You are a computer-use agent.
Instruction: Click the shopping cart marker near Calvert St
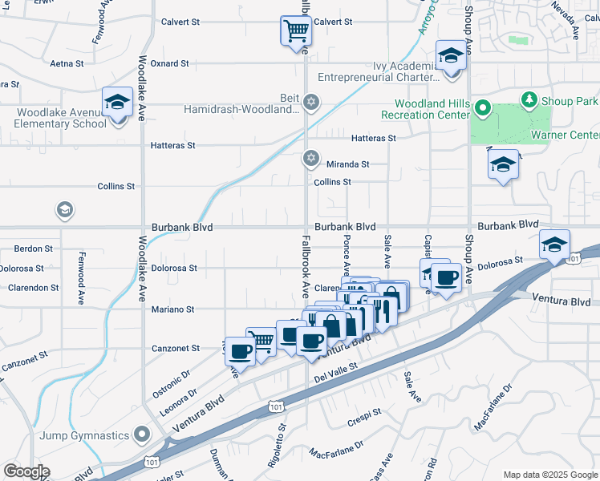click(x=295, y=32)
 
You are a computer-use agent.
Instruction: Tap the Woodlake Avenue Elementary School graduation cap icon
click(x=117, y=103)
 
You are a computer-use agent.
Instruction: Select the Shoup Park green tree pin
click(x=529, y=100)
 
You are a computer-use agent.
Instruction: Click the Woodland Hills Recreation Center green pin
click(x=482, y=107)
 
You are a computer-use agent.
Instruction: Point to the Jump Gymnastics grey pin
click(x=142, y=435)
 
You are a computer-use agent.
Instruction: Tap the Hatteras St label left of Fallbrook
click(x=173, y=145)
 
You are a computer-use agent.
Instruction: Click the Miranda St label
click(x=347, y=164)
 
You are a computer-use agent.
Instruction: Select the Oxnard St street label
click(x=169, y=63)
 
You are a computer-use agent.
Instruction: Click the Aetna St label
click(x=67, y=63)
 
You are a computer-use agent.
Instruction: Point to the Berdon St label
click(x=33, y=249)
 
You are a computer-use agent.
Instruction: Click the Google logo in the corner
click(x=27, y=471)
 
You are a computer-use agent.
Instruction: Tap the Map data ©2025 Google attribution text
click(x=549, y=474)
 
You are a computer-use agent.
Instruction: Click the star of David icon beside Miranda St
click(x=310, y=158)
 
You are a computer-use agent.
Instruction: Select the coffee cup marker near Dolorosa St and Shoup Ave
click(x=445, y=278)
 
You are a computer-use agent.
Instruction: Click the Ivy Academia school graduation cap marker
click(x=451, y=57)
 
